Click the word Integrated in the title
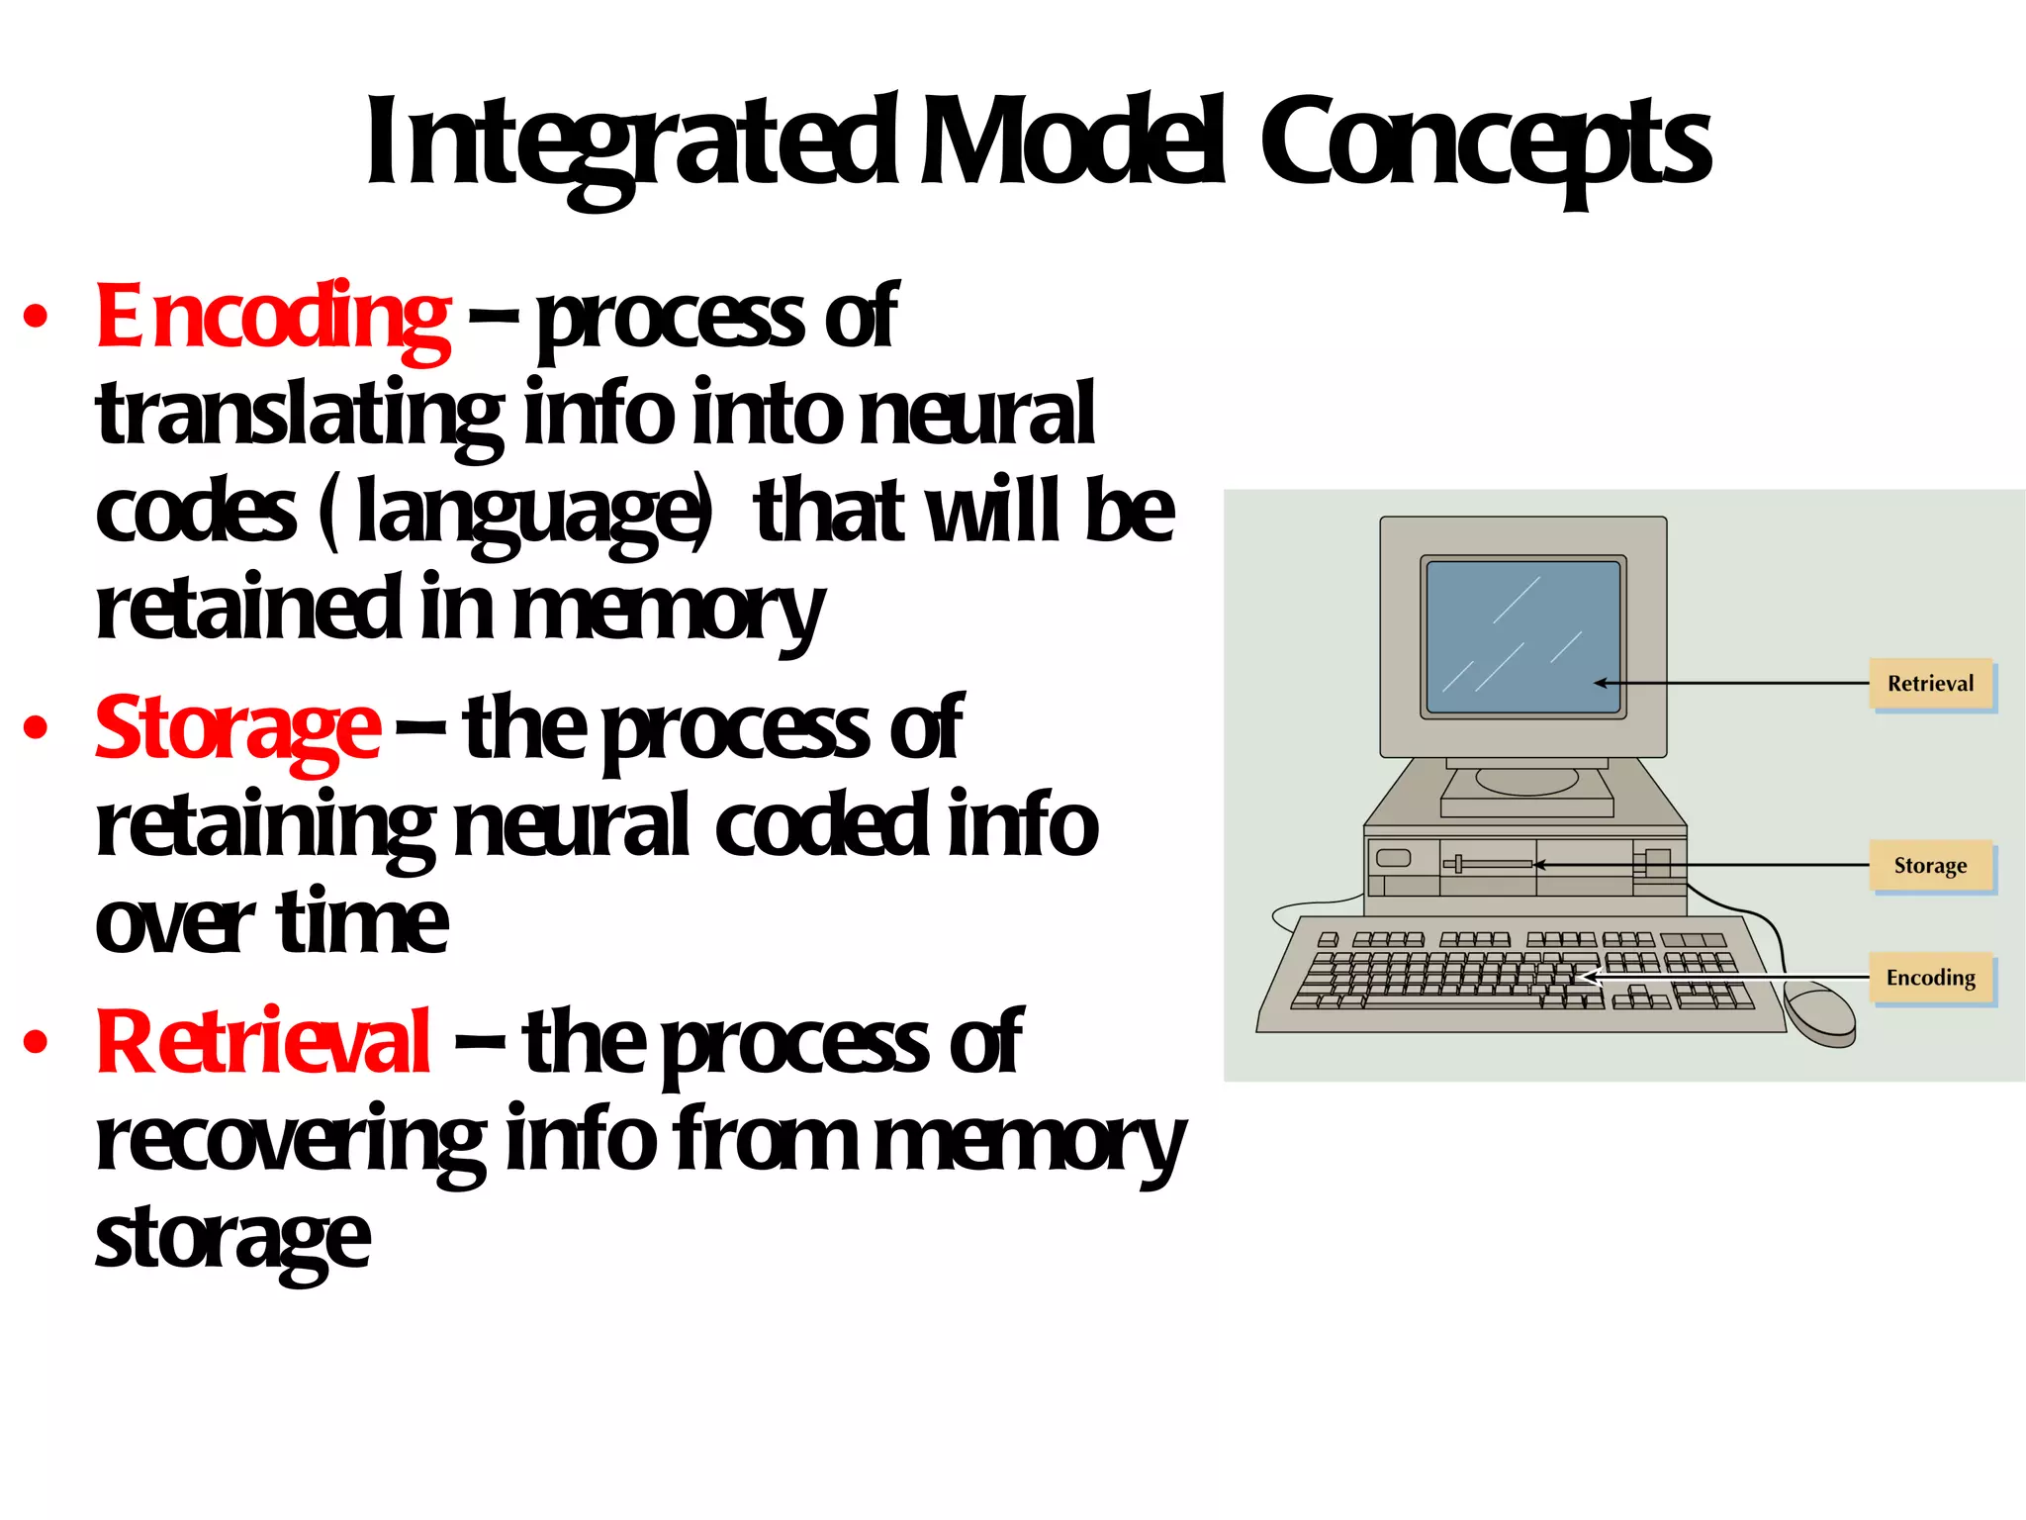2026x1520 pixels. coord(633,143)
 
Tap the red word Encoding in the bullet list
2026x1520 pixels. coord(272,317)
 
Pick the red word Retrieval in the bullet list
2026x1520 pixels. coord(263,1042)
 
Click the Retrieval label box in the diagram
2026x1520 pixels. coord(1930,684)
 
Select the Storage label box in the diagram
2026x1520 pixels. coord(1930,866)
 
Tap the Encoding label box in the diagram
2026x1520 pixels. coord(1930,978)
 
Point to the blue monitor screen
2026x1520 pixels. coord(1521,636)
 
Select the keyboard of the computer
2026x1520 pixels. coord(1514,975)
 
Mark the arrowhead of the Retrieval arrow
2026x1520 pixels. coord(1600,683)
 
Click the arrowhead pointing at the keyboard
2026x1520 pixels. coord(1587,977)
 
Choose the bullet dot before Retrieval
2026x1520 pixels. coord(36,1042)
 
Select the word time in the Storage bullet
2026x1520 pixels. coord(361,922)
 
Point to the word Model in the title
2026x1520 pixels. coord(1073,143)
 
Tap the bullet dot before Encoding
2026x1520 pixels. coord(36,317)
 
